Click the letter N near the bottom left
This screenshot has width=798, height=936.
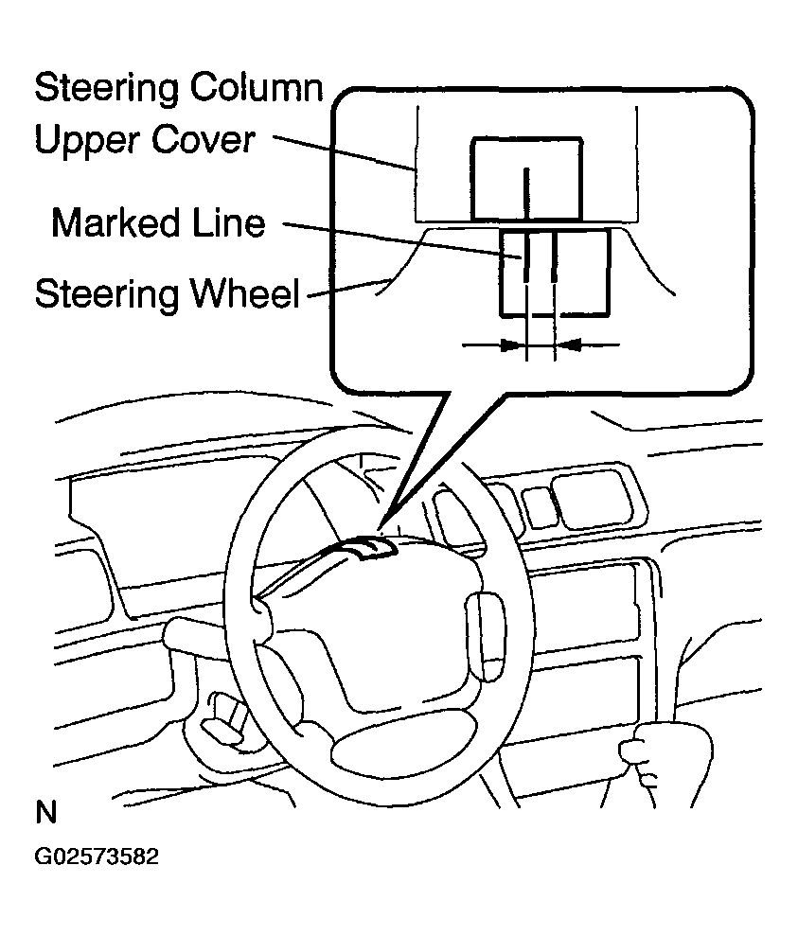[x=45, y=813]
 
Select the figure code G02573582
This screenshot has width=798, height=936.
[x=97, y=857]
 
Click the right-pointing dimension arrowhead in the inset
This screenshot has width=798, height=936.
[x=511, y=346]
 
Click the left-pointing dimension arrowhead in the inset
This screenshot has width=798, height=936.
[x=568, y=346]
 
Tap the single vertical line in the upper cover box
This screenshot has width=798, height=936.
[x=527, y=189]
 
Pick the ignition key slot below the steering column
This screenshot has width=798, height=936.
[x=222, y=719]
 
